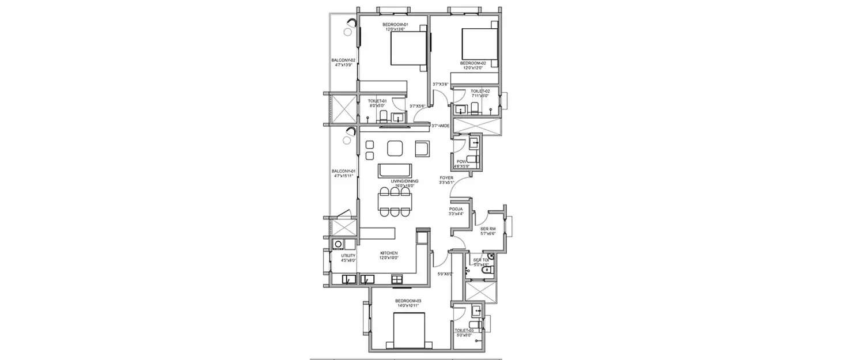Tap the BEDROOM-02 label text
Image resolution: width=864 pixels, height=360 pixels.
click(x=473, y=62)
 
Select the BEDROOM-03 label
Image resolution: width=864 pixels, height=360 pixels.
click(x=408, y=301)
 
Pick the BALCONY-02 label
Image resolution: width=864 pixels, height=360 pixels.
click(x=343, y=60)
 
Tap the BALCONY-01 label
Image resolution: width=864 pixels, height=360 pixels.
click(x=344, y=171)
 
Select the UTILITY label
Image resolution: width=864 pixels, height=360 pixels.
click(x=348, y=255)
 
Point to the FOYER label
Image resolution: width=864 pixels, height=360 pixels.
click(x=446, y=177)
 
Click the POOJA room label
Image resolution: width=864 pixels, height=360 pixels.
click(x=456, y=209)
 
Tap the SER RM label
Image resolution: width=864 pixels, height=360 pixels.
click(x=488, y=229)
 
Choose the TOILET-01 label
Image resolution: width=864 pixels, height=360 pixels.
click(x=378, y=100)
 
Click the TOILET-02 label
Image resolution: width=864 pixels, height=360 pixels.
click(x=480, y=91)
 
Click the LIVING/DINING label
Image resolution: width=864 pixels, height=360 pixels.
click(x=404, y=181)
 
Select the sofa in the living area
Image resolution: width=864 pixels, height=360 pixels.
click(x=395, y=171)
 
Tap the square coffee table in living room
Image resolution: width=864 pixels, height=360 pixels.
click(x=395, y=149)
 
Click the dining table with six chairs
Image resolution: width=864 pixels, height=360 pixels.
click(x=395, y=201)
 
